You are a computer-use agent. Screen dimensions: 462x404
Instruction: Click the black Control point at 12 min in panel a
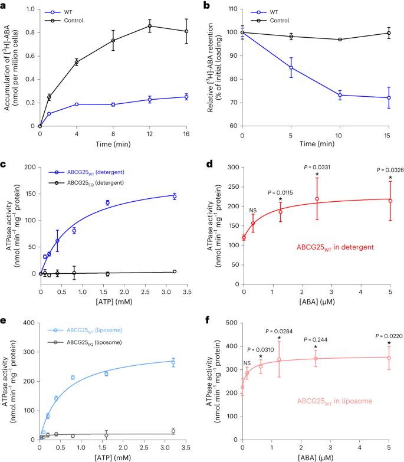pos(150,26)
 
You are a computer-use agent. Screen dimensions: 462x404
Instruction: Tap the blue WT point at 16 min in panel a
pos(186,97)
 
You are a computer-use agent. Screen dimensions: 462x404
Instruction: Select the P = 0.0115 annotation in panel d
pos(281,192)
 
